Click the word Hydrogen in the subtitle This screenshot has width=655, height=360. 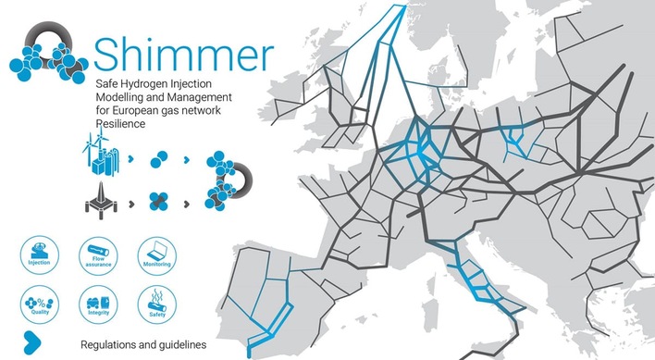142,81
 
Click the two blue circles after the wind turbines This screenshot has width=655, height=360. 160,157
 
